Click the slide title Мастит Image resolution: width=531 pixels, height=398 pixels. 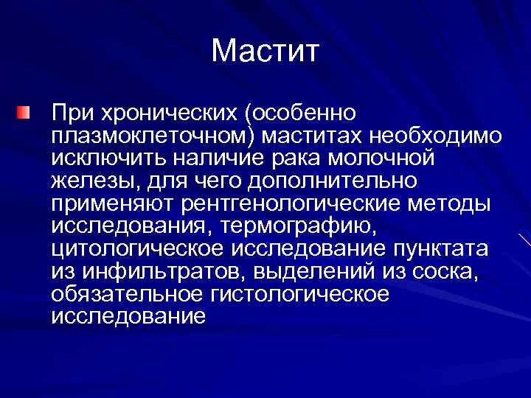265,52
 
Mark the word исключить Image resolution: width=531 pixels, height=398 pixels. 108,158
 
